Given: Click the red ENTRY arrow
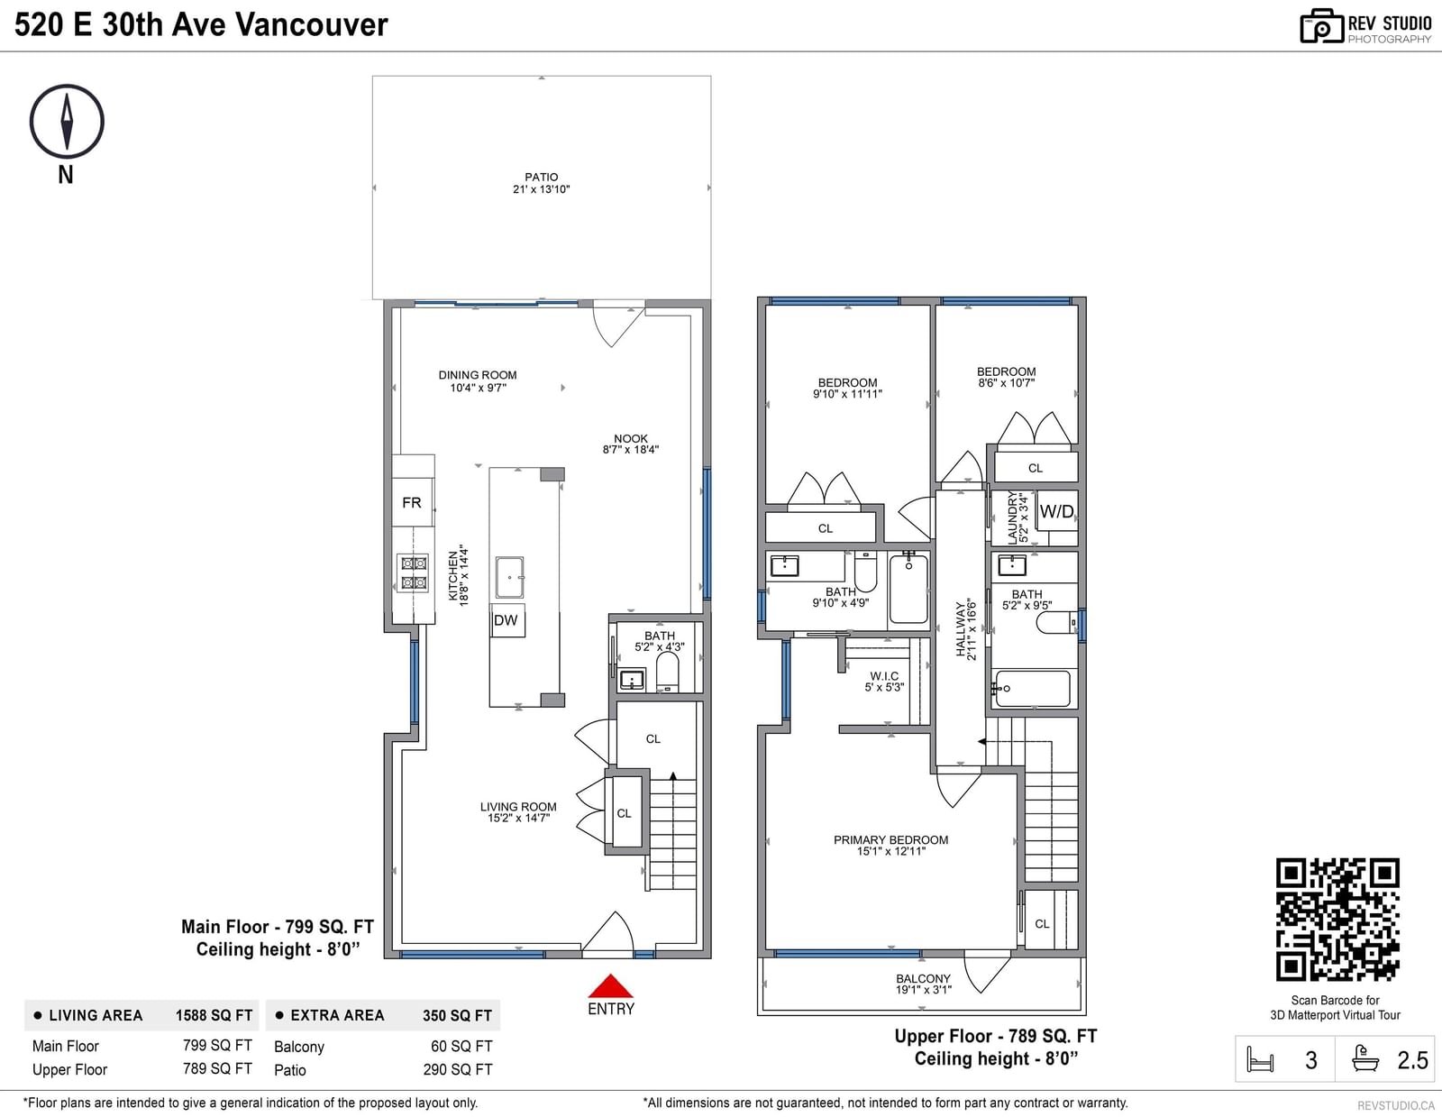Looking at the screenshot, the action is click(610, 985).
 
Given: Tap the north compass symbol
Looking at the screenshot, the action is click(67, 122).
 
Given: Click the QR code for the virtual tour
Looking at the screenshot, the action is click(1337, 920).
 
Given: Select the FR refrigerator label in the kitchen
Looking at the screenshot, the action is click(412, 502).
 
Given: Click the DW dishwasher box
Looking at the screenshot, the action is click(507, 620).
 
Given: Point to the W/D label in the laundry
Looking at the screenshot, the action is click(1056, 511).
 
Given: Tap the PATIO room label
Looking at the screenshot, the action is click(541, 178).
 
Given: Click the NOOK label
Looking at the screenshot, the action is click(630, 439).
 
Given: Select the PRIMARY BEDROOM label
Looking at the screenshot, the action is click(890, 839).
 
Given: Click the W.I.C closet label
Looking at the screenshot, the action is click(884, 676).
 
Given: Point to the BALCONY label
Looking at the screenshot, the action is click(923, 978).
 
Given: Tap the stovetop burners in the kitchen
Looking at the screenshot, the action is click(413, 572).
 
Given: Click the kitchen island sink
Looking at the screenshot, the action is click(509, 577).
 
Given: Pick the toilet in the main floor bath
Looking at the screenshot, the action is click(667, 673).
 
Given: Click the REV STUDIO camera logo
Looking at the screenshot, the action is click(1321, 26).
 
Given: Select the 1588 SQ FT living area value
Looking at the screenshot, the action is click(214, 1015).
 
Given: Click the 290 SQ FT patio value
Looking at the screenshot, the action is click(458, 1070).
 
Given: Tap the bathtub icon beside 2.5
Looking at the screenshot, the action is click(1365, 1058).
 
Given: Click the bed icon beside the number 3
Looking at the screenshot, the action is click(1260, 1059).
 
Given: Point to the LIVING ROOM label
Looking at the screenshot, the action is click(518, 807).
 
